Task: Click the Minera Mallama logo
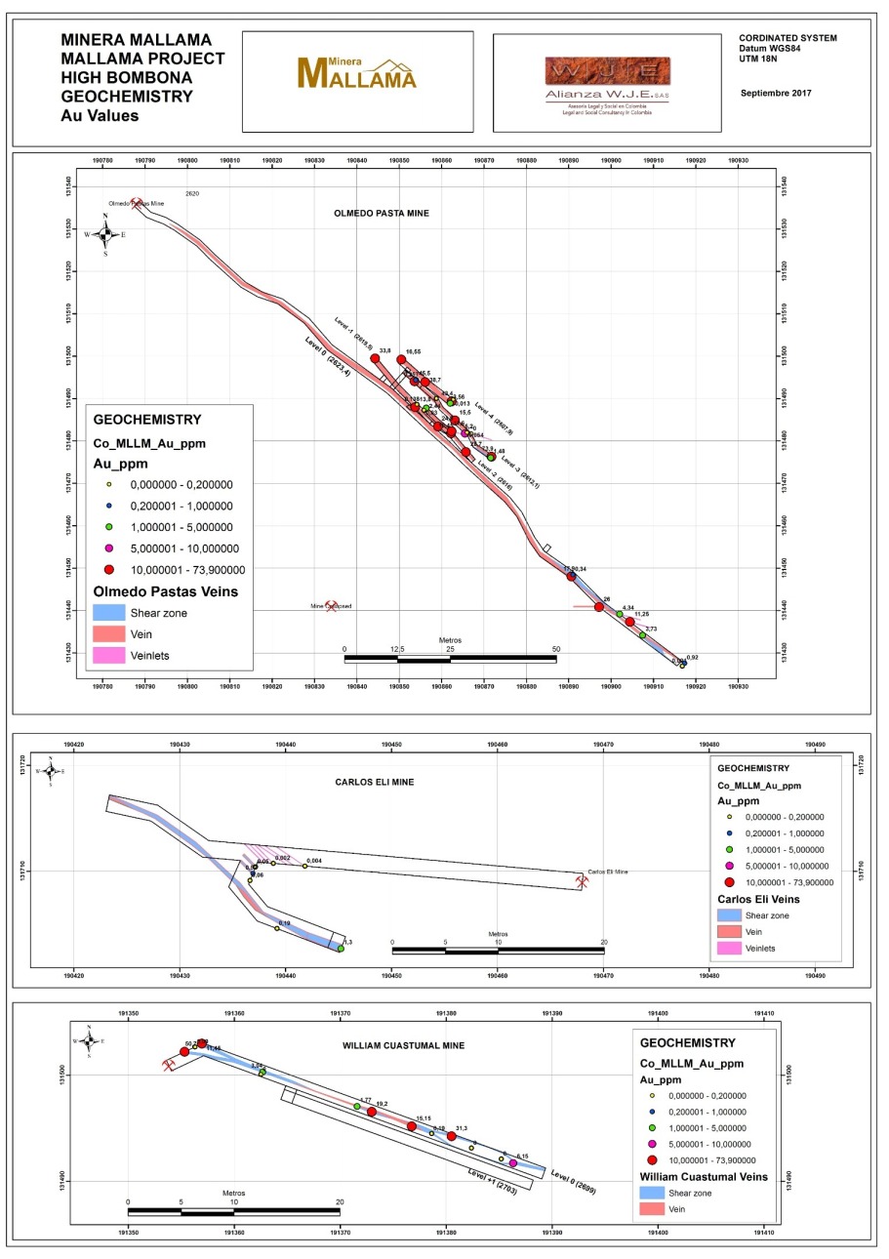click(356, 73)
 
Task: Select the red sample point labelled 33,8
click(375, 358)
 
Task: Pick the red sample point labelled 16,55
click(401, 359)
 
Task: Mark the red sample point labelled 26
click(599, 607)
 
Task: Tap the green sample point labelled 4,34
click(619, 614)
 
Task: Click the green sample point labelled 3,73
click(642, 635)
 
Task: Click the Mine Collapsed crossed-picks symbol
click(331, 606)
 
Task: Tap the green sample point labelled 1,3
click(341, 948)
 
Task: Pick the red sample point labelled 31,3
click(451, 1136)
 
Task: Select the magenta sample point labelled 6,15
click(513, 1163)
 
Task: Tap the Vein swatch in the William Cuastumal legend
click(653, 1210)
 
